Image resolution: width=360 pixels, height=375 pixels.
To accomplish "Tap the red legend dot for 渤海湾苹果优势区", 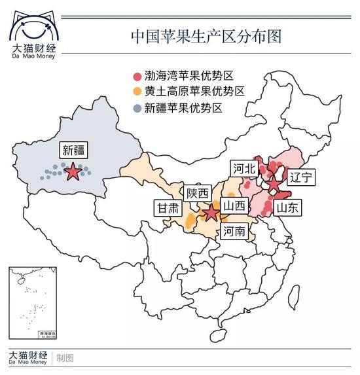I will [x=136, y=77].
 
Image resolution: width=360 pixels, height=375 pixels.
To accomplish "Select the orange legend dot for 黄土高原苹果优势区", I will [x=136, y=92].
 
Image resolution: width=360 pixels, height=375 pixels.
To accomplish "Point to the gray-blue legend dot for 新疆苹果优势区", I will [x=136, y=107].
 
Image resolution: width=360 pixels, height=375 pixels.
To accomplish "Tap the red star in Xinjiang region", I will [x=73, y=172].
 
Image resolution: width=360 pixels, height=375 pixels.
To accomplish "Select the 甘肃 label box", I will [x=167, y=208].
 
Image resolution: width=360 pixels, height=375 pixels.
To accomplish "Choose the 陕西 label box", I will [x=197, y=193].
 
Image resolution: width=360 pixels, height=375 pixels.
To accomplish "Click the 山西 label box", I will [x=234, y=205].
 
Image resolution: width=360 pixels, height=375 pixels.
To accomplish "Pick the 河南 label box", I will [x=234, y=231].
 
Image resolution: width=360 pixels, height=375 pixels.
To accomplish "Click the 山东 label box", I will [x=287, y=208].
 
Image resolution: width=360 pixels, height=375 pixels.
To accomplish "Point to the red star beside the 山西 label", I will [x=211, y=213].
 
